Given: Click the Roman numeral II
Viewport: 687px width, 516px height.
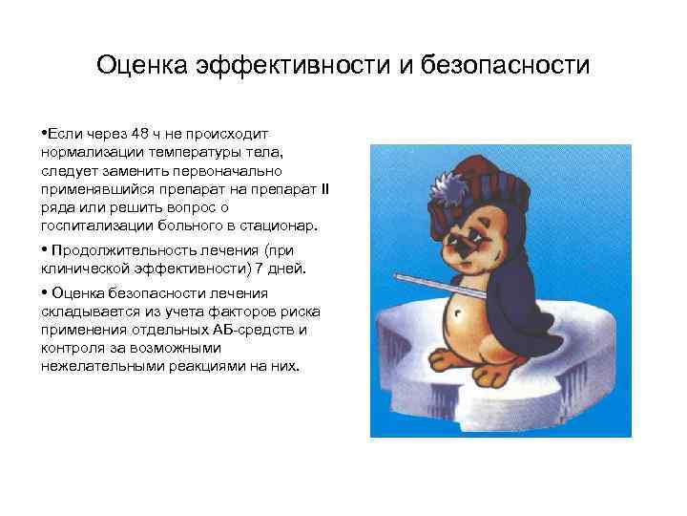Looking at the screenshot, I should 324,190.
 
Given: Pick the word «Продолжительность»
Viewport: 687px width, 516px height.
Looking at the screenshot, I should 114,249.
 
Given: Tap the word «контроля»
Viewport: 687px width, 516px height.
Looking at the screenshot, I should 73,348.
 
